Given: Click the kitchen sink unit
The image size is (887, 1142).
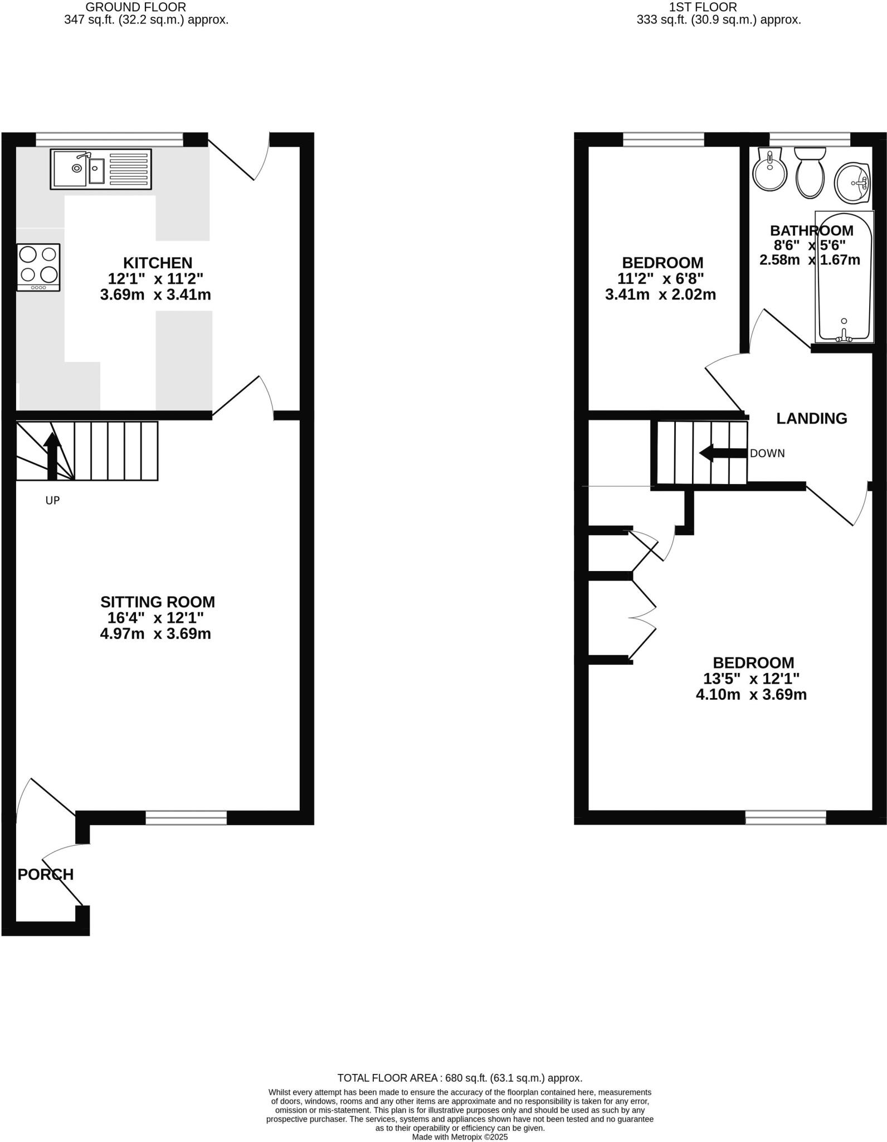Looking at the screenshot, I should click(101, 168).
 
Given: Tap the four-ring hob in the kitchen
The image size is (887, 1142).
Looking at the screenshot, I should click(38, 265).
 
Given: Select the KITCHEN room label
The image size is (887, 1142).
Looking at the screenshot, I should click(158, 263).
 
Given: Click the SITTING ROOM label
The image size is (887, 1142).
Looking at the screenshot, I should click(158, 602).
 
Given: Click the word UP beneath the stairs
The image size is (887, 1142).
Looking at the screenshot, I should click(52, 501).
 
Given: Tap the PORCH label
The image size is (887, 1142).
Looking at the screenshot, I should click(46, 874).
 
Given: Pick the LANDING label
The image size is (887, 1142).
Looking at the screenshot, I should click(812, 418).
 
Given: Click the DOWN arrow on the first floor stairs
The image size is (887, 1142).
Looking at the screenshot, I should click(722, 453).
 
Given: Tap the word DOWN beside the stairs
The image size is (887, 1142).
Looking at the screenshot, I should click(767, 454).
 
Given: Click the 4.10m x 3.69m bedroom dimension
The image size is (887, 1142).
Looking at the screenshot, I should click(751, 695).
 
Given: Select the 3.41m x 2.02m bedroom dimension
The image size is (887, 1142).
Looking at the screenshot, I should click(660, 294).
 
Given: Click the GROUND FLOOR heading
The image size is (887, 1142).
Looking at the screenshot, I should click(136, 7).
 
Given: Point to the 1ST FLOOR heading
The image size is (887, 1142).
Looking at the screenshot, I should click(703, 7).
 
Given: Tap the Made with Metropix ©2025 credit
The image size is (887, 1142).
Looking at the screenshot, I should click(460, 1136).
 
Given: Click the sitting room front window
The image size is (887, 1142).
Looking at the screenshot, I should click(186, 817).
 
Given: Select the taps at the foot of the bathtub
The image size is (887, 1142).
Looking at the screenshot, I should click(845, 336).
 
